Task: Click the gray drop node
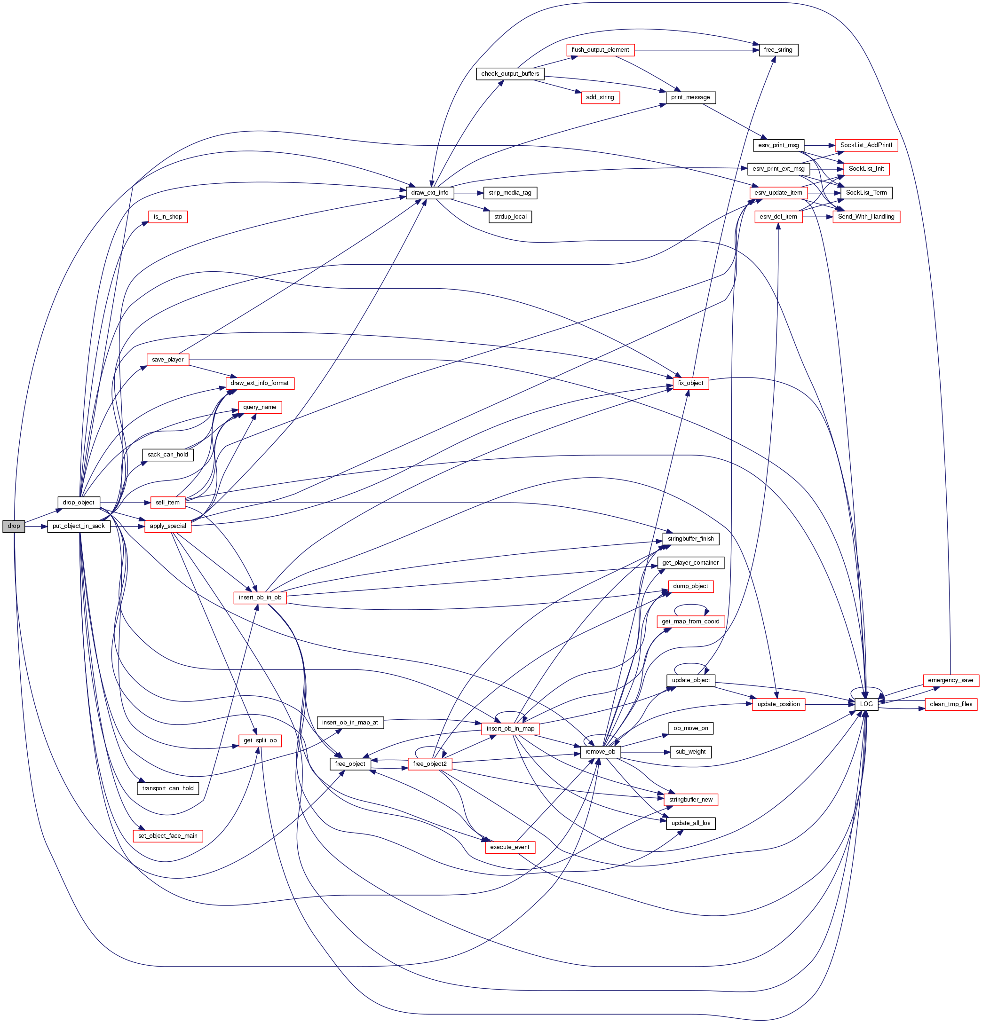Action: [14, 526]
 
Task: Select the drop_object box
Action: [79, 502]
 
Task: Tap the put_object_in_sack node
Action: [79, 526]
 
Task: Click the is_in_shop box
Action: [167, 217]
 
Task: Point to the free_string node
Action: [778, 50]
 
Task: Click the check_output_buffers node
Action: [510, 74]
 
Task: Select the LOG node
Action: [866, 704]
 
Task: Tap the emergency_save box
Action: [950, 680]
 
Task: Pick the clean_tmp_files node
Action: [950, 704]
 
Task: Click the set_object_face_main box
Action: [167, 835]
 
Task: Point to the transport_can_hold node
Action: [167, 788]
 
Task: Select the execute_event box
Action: [509, 847]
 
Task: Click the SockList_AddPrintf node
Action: [866, 145]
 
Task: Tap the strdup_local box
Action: [510, 217]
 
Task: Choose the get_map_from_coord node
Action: [690, 622]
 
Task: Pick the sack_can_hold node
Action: [167, 455]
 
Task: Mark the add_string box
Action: [600, 98]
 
